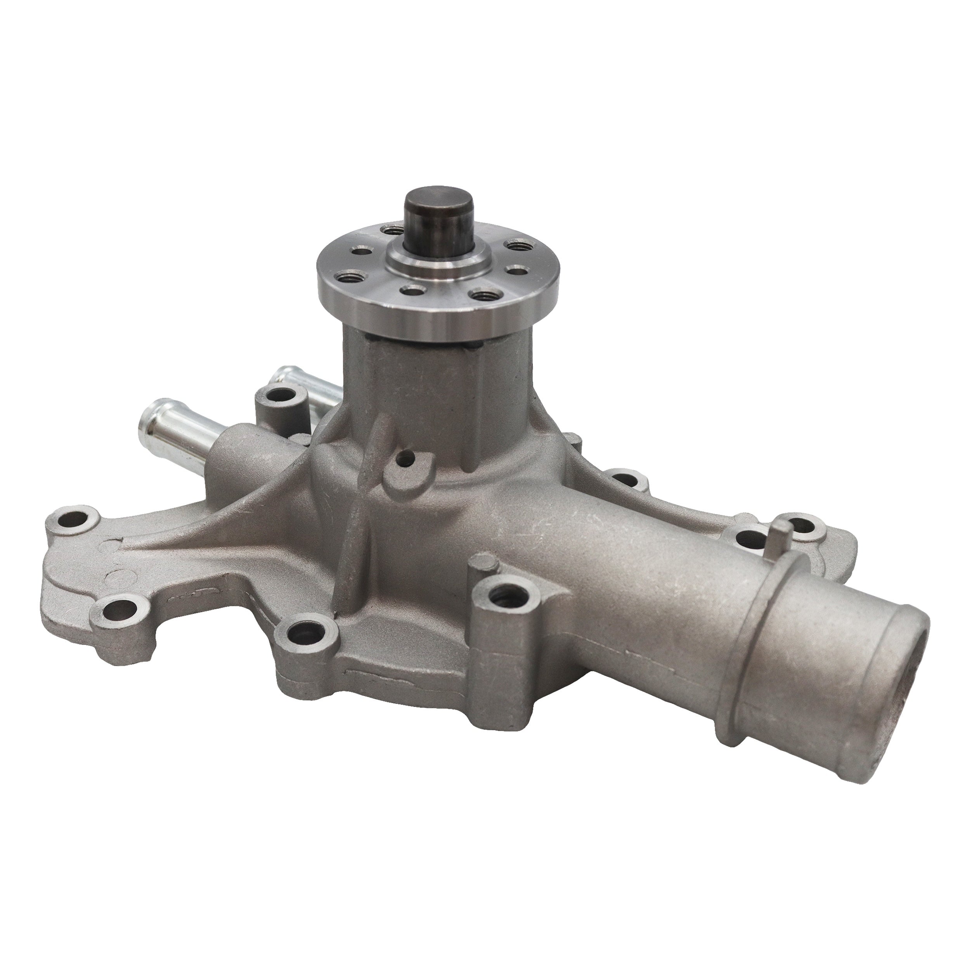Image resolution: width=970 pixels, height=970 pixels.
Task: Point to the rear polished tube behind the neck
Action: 301,381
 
